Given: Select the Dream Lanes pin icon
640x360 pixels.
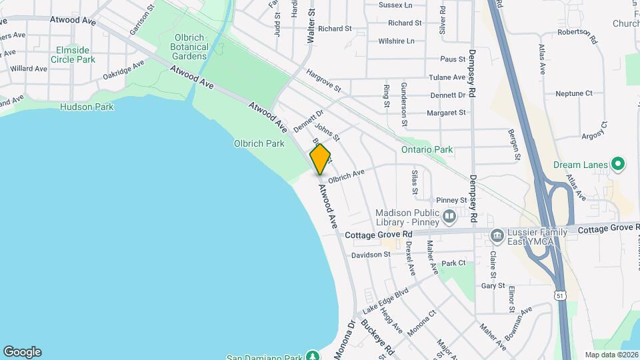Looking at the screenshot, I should pos(618,163).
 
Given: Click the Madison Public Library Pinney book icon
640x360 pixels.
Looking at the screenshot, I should pos(449,216).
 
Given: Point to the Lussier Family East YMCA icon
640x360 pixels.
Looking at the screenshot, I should pos(497,235).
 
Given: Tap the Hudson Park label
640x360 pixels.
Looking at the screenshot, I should pos(87,107).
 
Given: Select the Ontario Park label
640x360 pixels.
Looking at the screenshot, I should pos(427,149).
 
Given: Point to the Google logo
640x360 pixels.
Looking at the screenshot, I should pos(22,351).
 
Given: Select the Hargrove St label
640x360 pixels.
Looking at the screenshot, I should pos(323,80).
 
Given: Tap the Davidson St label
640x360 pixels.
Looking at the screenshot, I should pos(371,255).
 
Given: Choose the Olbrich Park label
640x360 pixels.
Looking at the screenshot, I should pos(259,143).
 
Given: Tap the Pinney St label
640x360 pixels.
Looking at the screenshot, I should pos(451,200).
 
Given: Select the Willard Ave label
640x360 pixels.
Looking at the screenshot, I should pos(29,69).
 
